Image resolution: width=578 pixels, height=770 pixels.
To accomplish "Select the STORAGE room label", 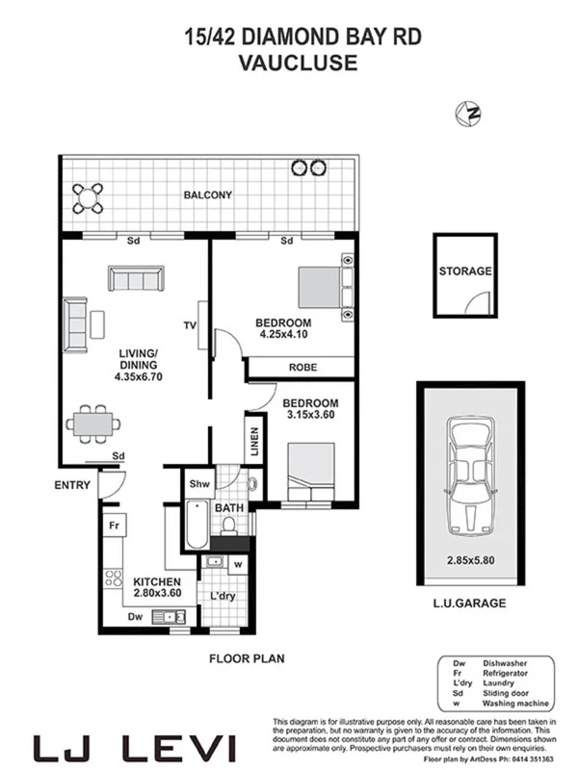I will [465, 271].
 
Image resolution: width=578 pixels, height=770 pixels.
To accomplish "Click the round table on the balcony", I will [90, 197].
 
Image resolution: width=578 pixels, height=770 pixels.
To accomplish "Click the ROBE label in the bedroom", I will [302, 368].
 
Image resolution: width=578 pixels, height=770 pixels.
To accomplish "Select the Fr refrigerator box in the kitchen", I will [114, 526].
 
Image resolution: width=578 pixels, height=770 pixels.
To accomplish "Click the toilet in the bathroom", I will [230, 523].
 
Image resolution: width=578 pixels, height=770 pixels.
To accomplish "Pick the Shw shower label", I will [198, 484].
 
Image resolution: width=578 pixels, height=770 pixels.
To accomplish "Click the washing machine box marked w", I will [236, 566].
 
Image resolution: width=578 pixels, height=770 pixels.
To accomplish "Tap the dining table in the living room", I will [94, 422].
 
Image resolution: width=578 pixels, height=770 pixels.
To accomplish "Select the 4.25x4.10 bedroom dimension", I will [282, 335].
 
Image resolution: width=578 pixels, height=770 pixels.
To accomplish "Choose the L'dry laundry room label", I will [223, 597].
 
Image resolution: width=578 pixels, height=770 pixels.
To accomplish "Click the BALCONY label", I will [207, 195].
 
